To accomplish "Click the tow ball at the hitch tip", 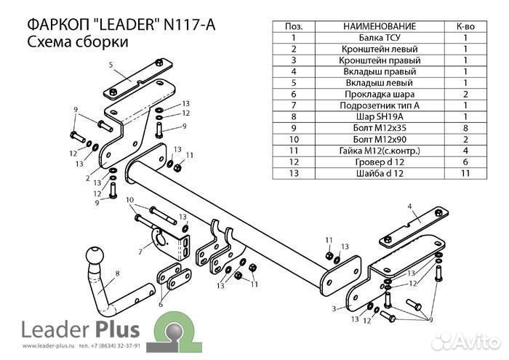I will (x=95, y=257).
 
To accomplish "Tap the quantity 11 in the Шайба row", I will (x=465, y=173).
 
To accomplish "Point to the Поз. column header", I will (x=293, y=25).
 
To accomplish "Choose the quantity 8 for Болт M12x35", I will (x=465, y=128).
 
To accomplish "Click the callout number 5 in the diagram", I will (x=112, y=65).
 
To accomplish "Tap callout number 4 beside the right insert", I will (x=409, y=207).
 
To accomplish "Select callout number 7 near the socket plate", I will (x=140, y=252).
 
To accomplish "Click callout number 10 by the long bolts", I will (x=129, y=200).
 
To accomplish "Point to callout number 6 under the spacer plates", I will (x=161, y=304).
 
